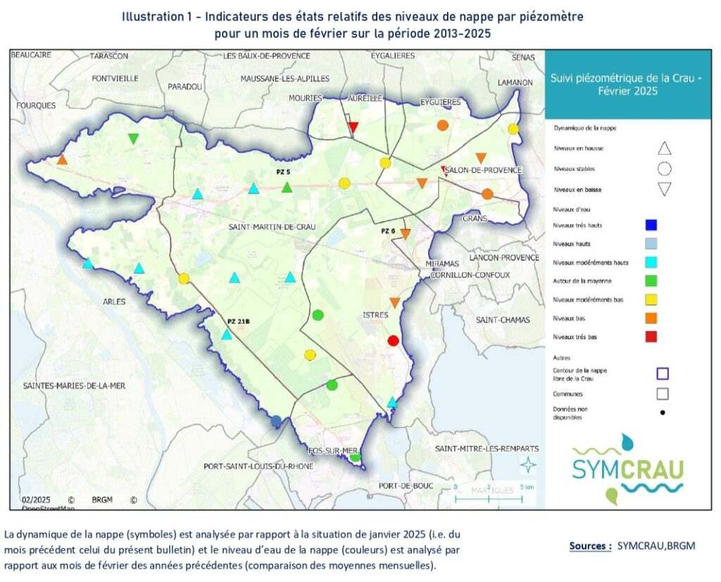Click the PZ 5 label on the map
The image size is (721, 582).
pyautogui.click(x=283, y=172)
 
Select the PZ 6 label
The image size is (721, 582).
pyautogui.click(x=389, y=231)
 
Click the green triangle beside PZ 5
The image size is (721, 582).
pyautogui.click(x=287, y=188)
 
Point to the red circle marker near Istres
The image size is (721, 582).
pyautogui.click(x=394, y=341)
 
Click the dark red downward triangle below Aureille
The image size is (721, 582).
pyautogui.click(x=354, y=127)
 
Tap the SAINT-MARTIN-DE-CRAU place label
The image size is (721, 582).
pyautogui.click(x=271, y=227)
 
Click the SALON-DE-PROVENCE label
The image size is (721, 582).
pyautogui.click(x=483, y=170)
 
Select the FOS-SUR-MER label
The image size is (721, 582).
pyautogui.click(x=334, y=450)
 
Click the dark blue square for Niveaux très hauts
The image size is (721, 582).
pyautogui.click(x=651, y=225)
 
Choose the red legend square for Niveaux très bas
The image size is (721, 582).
pyautogui.click(x=651, y=337)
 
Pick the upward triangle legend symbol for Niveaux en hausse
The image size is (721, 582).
pyautogui.click(x=664, y=148)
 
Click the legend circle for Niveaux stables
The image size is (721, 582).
pyautogui.click(x=664, y=170)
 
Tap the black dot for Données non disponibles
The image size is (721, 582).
pyautogui.click(x=663, y=412)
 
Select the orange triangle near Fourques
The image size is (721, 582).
pyautogui.click(x=62, y=160)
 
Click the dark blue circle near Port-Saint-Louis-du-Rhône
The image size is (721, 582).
pyautogui.click(x=276, y=421)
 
